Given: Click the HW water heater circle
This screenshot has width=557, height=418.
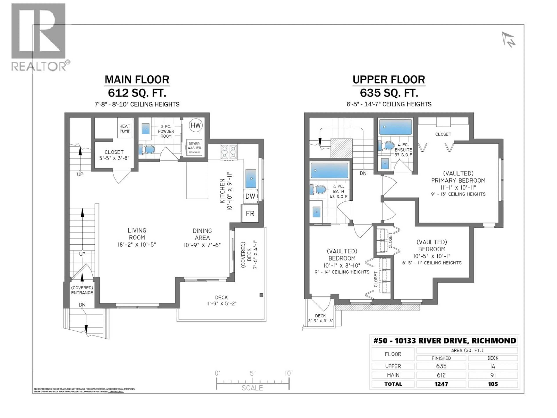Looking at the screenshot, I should point(196,125).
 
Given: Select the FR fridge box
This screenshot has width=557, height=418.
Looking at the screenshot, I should point(250,213).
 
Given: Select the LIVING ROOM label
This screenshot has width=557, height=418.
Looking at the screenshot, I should point(137,234).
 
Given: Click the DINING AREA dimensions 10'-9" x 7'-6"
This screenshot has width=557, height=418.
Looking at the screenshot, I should point(202,245).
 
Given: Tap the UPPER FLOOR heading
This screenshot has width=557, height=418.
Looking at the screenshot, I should point(389,80).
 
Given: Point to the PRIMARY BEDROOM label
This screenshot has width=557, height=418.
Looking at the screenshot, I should point(458,180).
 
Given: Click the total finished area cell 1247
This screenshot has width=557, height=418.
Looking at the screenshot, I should point(441,384).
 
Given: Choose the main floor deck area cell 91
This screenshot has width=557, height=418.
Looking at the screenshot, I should point(493,375).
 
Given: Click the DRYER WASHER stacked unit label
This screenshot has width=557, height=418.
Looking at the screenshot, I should point(194,146).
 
